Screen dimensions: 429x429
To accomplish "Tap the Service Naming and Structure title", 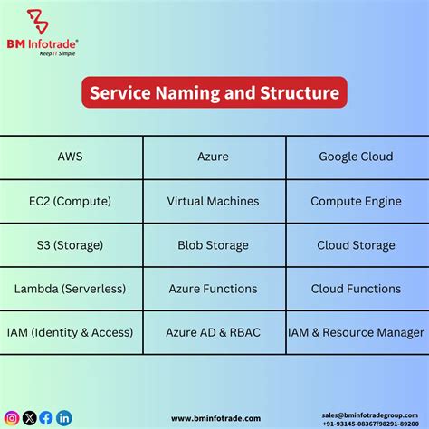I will [214, 92].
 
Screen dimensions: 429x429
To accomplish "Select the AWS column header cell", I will [70, 157].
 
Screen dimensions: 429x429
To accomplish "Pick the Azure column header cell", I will [214, 157].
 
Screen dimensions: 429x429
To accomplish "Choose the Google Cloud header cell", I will [356, 157].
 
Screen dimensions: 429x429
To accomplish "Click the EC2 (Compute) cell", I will [70, 201].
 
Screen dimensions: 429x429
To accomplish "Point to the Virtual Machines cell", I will [214, 201].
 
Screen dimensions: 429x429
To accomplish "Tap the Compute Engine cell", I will [356, 201].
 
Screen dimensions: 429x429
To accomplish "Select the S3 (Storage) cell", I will [70, 245].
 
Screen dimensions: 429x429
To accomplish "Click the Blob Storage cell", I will [214, 245].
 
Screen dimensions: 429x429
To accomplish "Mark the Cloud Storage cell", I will [356, 245].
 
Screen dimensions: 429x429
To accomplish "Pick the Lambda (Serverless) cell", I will [70, 289].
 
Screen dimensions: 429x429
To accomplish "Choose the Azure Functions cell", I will [214, 289].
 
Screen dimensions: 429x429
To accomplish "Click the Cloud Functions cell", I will [356, 289].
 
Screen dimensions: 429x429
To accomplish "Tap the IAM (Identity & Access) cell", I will [70, 332].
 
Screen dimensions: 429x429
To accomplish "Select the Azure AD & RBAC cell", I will [214, 332].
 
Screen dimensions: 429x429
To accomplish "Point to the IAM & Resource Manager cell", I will [356, 332].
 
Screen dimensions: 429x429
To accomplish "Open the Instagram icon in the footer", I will [12, 417].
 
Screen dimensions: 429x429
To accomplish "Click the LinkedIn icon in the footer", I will [63, 417].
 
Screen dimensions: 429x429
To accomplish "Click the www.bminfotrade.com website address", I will [215, 418].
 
